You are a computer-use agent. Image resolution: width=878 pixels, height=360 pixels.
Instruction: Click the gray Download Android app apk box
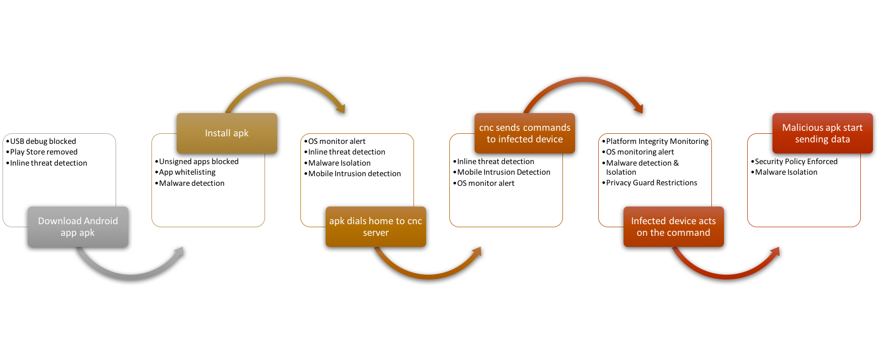point(78,227)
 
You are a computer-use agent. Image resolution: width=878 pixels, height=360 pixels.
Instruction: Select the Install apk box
point(227,133)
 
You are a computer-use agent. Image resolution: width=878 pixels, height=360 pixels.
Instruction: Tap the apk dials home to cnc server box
point(376,227)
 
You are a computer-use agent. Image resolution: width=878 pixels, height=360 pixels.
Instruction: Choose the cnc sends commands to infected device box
point(525,133)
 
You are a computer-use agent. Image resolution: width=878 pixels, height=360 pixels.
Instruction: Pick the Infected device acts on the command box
point(674,227)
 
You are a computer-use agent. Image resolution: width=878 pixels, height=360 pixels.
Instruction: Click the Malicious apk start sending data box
point(822,133)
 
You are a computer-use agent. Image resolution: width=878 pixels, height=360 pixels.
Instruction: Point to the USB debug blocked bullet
point(41,141)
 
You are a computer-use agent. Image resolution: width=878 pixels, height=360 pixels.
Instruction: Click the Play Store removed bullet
point(42,152)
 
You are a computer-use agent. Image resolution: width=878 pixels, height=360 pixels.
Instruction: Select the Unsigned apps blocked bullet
point(197,162)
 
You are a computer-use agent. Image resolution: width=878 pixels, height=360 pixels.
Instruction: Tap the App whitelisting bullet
point(185,172)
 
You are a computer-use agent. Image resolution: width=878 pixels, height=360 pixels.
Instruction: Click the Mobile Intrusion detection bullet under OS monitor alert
point(352,174)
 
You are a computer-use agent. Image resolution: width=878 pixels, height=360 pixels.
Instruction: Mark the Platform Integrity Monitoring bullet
point(655,141)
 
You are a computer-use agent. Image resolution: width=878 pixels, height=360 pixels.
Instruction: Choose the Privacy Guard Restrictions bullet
point(649,183)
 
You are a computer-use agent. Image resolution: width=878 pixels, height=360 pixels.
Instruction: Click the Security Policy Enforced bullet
point(794,162)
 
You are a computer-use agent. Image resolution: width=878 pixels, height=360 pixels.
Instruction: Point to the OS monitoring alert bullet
point(638,152)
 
